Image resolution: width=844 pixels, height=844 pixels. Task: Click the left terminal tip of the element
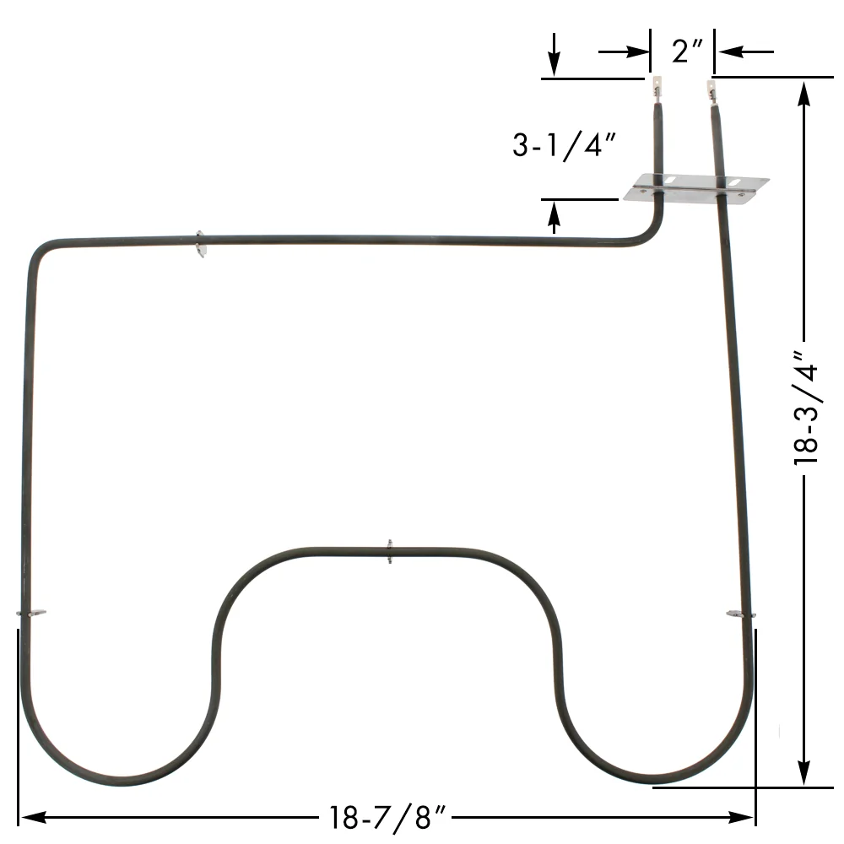[657, 85]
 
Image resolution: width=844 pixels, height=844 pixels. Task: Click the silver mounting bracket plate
[696, 187]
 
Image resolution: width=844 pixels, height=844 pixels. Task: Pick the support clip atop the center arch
[389, 551]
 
